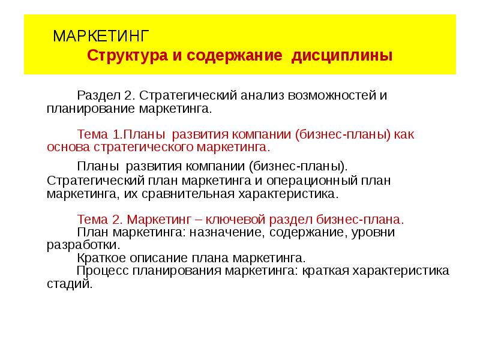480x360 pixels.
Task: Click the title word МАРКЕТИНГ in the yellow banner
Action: coord(101,36)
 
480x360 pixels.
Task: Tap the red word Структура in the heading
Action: coord(127,56)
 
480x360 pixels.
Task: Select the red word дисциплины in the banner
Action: coord(342,56)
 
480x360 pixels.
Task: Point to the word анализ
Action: coord(262,96)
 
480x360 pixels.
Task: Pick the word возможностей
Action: coord(332,95)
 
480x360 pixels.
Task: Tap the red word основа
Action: coord(68,148)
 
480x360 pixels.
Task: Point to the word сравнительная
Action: coord(188,194)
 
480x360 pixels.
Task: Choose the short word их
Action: coord(131,194)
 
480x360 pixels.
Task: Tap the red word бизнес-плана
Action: coord(360,220)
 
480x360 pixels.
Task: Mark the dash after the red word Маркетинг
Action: coord(199,220)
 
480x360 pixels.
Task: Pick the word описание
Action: coord(160,259)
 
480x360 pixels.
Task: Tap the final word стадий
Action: coord(70,284)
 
